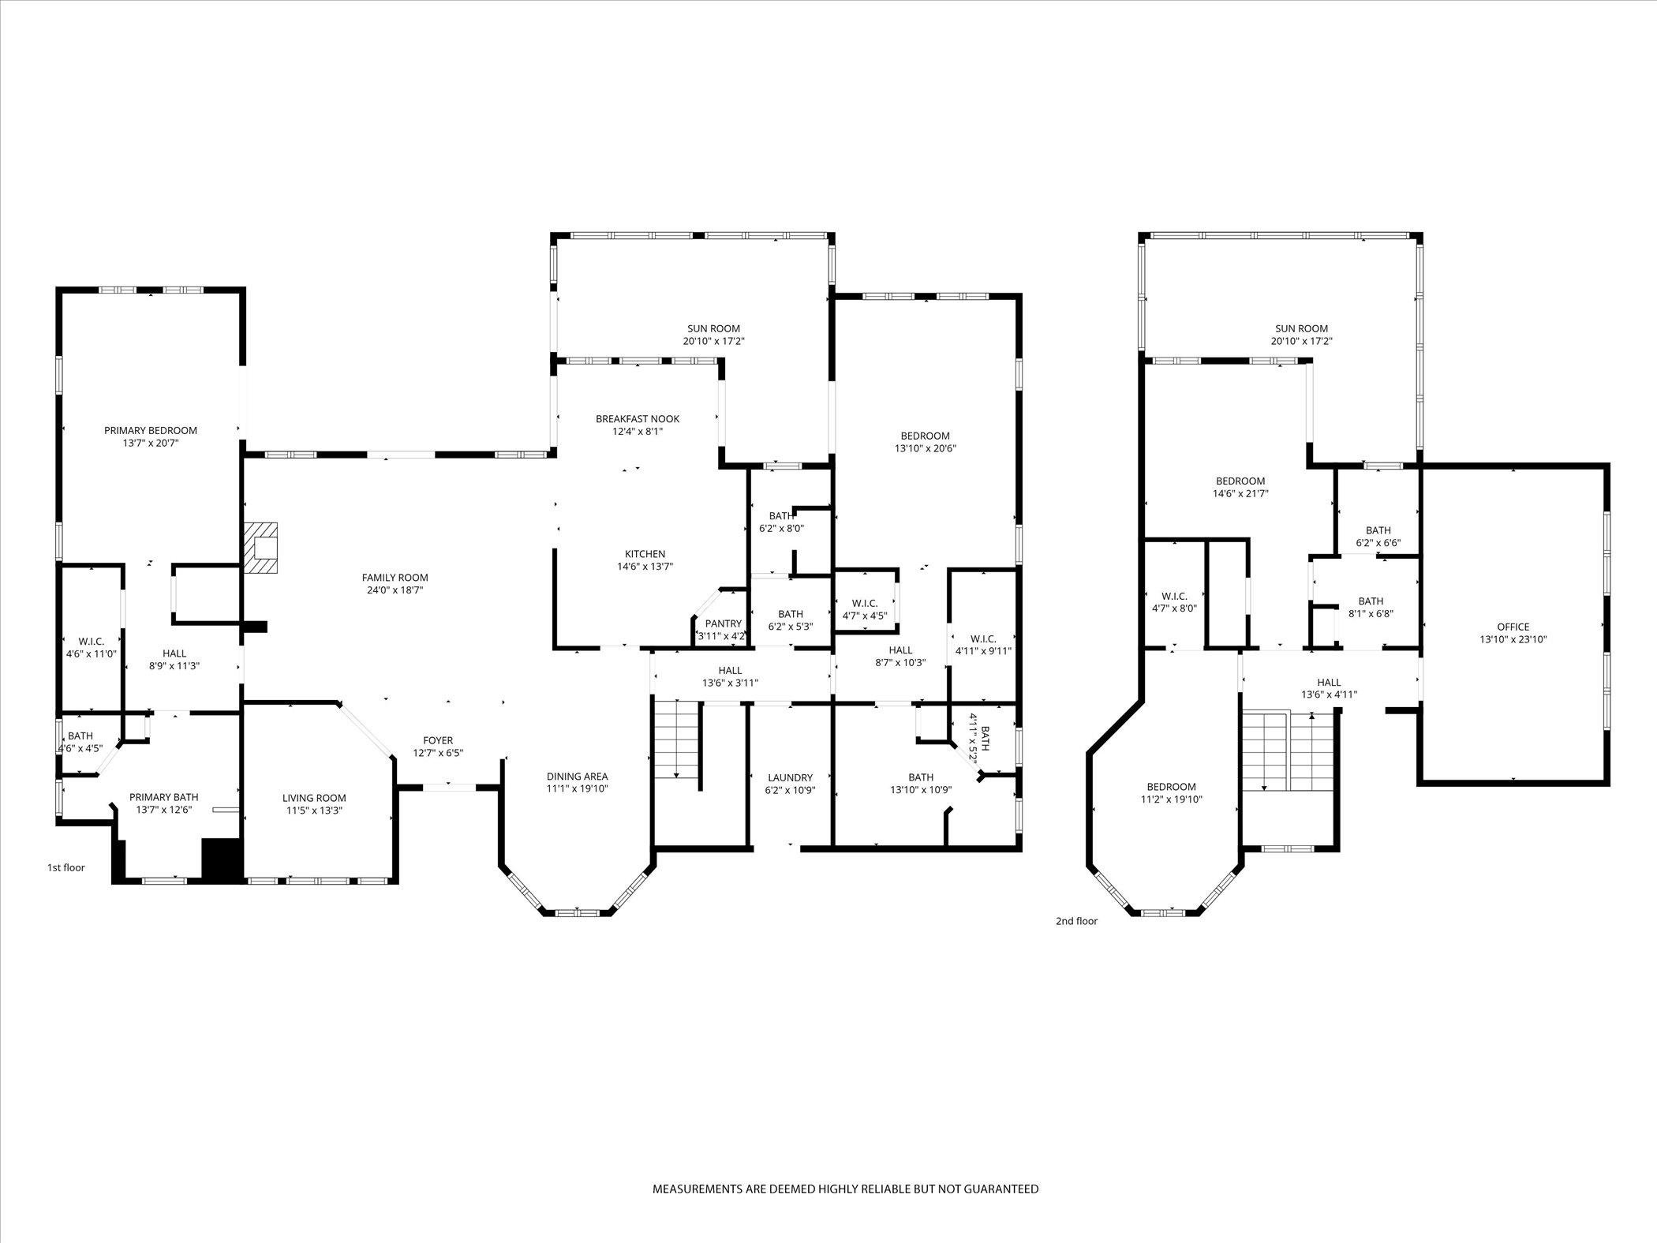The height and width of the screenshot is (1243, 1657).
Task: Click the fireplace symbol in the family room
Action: pyautogui.click(x=261, y=548)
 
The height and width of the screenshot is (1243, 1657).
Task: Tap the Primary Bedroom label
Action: pyautogui.click(x=151, y=431)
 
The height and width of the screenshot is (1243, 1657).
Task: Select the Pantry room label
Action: pyautogui.click(x=724, y=623)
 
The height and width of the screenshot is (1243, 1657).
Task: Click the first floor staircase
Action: pyautogui.click(x=678, y=739)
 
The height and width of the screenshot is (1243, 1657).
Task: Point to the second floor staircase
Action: pyautogui.click(x=1289, y=751)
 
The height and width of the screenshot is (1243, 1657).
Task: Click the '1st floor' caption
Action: pyautogui.click(x=65, y=868)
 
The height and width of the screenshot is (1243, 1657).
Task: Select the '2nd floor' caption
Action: pyautogui.click(x=1076, y=921)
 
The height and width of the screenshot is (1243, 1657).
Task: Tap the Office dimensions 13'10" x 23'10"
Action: pyautogui.click(x=1513, y=640)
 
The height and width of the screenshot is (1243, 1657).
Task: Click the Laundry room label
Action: pyautogui.click(x=789, y=777)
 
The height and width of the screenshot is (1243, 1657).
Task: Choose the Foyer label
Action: pyautogui.click(x=438, y=740)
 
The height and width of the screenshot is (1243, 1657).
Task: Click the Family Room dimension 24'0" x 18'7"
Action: pyautogui.click(x=395, y=590)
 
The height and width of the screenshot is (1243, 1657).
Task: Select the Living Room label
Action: pyautogui.click(x=314, y=798)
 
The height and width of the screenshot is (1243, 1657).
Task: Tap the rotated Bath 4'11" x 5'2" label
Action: pyautogui.click(x=978, y=737)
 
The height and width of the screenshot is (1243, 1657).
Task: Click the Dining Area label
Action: pyautogui.click(x=578, y=777)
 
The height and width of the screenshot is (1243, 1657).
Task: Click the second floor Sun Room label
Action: pyautogui.click(x=1301, y=329)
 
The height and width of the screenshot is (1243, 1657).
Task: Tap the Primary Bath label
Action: pyautogui.click(x=164, y=797)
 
